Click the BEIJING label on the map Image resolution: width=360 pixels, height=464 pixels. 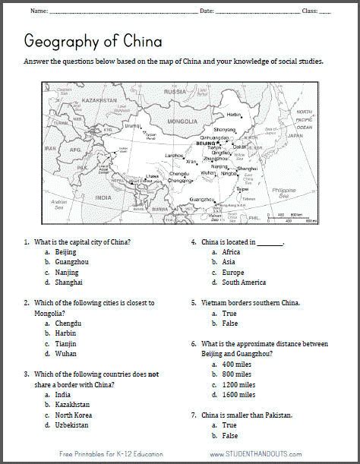[206, 143]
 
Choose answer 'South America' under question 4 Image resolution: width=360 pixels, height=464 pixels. [245, 283]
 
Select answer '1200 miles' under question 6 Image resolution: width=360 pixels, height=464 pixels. [237, 384]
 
